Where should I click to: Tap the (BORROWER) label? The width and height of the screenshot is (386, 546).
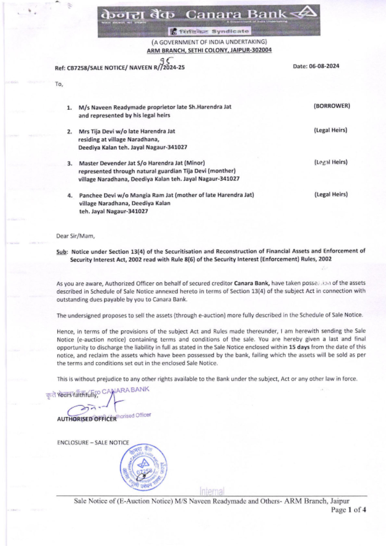click(332, 106)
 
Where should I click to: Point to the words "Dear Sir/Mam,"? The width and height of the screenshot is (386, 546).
click(76, 236)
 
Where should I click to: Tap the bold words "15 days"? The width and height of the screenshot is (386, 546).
click(299, 347)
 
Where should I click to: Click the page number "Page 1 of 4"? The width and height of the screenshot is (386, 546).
click(348, 510)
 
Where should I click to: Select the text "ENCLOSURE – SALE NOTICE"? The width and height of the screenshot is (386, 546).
click(93, 443)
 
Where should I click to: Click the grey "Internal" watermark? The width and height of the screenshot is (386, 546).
click(212, 491)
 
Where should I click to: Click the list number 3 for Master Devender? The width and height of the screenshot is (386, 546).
click(70, 163)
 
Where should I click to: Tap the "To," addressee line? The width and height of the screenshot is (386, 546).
click(59, 84)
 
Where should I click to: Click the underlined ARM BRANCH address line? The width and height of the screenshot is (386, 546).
click(209, 50)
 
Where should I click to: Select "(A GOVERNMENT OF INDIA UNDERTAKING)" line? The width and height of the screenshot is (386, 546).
click(209, 42)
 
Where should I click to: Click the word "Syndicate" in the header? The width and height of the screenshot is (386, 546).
click(230, 31)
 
